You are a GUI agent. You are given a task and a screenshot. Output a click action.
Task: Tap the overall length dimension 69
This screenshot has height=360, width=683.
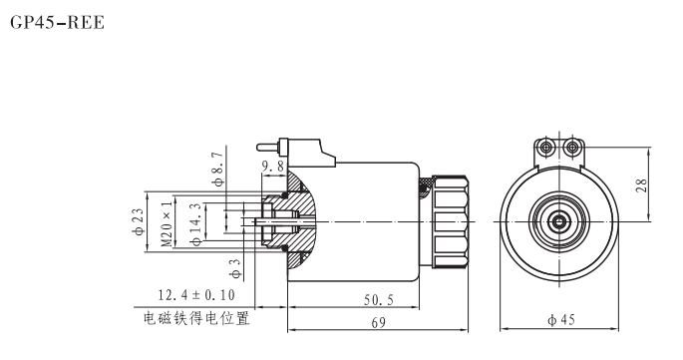tap(378, 322)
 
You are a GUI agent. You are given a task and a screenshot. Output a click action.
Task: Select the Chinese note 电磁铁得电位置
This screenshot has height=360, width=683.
tap(195, 320)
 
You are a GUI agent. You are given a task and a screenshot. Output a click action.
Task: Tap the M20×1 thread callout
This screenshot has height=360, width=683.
tap(167, 222)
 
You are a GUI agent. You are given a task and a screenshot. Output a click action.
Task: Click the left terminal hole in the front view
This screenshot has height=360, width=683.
tap(546, 148)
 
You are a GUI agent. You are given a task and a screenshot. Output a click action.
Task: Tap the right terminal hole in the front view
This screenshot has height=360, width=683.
tap(572, 148)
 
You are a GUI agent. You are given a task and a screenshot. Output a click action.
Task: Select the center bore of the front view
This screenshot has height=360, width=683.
tap(559, 220)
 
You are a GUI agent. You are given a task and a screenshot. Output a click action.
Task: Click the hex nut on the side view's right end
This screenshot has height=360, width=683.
tap(452, 220)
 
